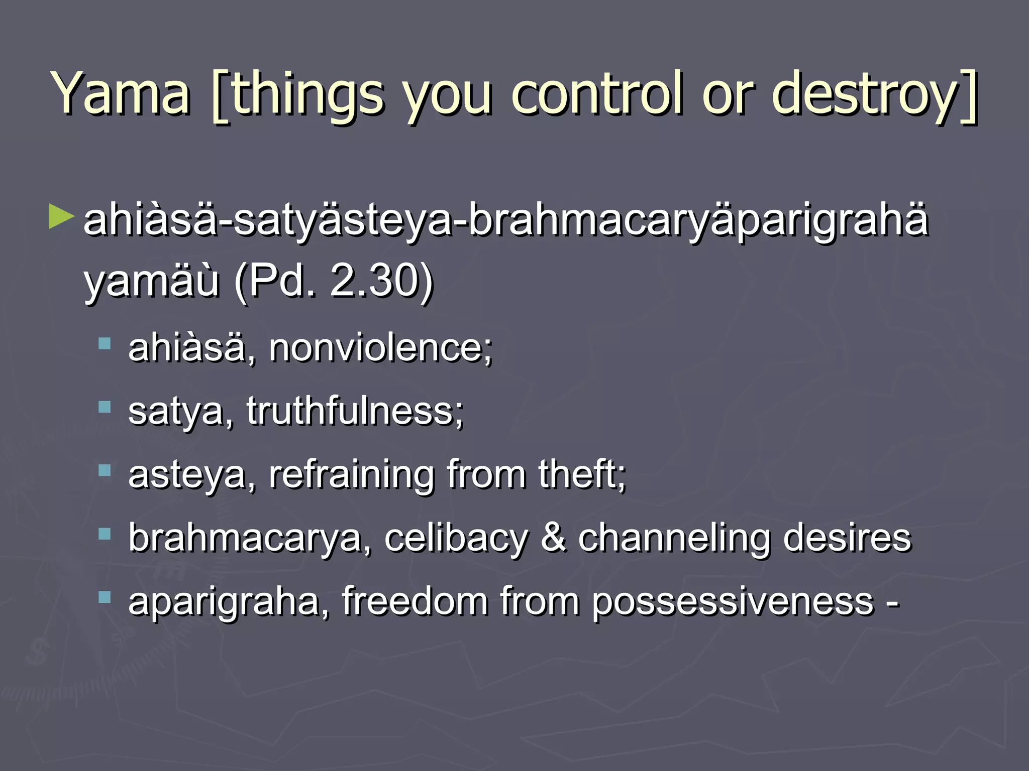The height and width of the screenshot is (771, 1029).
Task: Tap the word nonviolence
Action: click(x=379, y=347)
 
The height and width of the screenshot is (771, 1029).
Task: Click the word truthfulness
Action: click(x=354, y=411)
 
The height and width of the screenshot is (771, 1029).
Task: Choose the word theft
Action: click(x=580, y=474)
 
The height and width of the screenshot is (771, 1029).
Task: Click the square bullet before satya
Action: click(x=105, y=407)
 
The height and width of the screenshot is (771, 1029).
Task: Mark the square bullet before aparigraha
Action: click(x=105, y=597)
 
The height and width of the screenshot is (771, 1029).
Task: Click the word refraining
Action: click(x=351, y=475)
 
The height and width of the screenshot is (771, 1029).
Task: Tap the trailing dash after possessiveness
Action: click(x=892, y=602)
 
